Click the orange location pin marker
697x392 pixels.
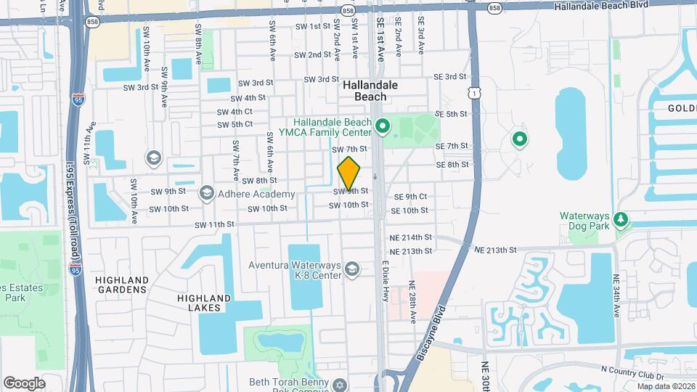point(349,173)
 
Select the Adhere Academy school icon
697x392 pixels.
point(207,193)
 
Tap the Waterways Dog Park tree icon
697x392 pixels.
point(620,219)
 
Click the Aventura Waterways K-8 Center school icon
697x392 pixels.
point(352,269)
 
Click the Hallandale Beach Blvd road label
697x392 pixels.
point(600,6)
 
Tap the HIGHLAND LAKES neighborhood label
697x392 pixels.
point(205,303)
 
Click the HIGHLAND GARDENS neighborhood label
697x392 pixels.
point(122,285)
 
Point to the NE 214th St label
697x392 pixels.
point(411,237)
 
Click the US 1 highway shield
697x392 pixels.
point(473,92)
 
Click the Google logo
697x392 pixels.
point(24,383)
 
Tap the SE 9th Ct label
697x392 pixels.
point(410,197)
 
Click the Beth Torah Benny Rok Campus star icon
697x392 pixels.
point(339,383)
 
